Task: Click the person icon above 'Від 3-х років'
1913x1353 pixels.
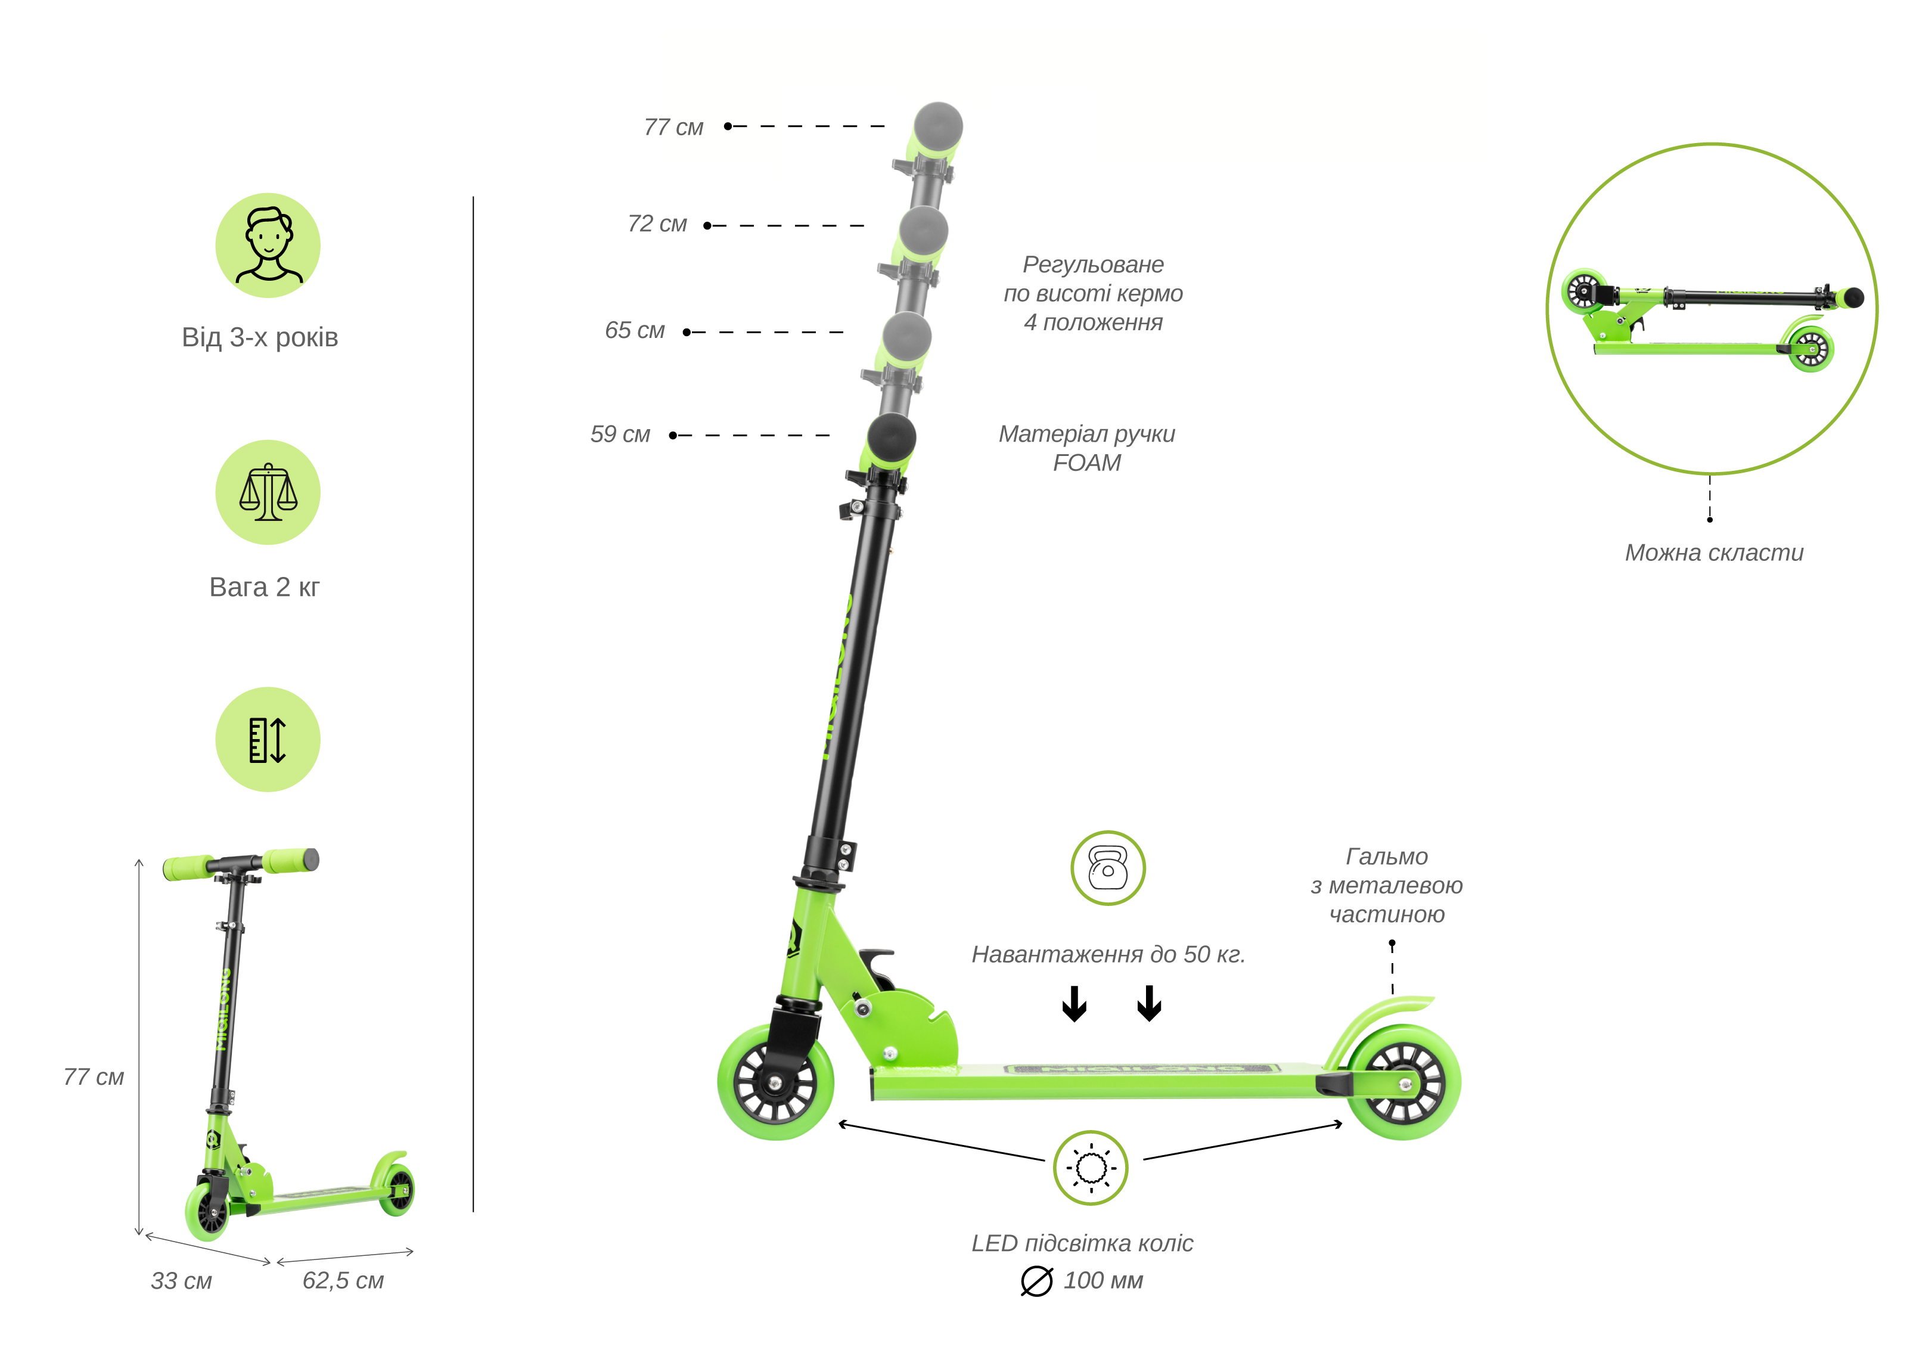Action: click(268, 246)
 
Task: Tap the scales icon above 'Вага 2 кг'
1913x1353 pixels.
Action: click(268, 492)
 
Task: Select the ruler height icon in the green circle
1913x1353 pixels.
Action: click(268, 740)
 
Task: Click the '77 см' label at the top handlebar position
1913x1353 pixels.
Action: click(673, 128)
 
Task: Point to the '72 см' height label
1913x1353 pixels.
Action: click(657, 224)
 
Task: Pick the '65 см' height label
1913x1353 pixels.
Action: click(634, 331)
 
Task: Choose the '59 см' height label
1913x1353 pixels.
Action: click(620, 434)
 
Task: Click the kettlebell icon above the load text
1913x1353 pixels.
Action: click(1107, 868)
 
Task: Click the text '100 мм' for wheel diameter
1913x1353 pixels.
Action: click(1103, 1280)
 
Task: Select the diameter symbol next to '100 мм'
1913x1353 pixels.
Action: click(1036, 1281)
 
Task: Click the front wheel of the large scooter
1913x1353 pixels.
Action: click(776, 1082)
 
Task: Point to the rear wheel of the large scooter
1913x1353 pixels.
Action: click(1404, 1083)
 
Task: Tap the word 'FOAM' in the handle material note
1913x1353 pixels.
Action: click(1086, 463)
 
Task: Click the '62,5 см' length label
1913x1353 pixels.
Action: click(343, 1280)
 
